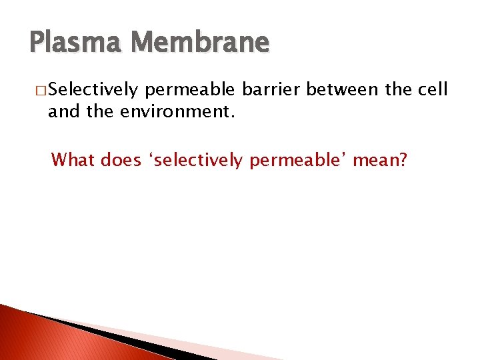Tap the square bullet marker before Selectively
coord(41,91)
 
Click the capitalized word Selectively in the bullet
coord(93,91)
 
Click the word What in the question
coord(74,160)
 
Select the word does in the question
coord(120,160)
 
